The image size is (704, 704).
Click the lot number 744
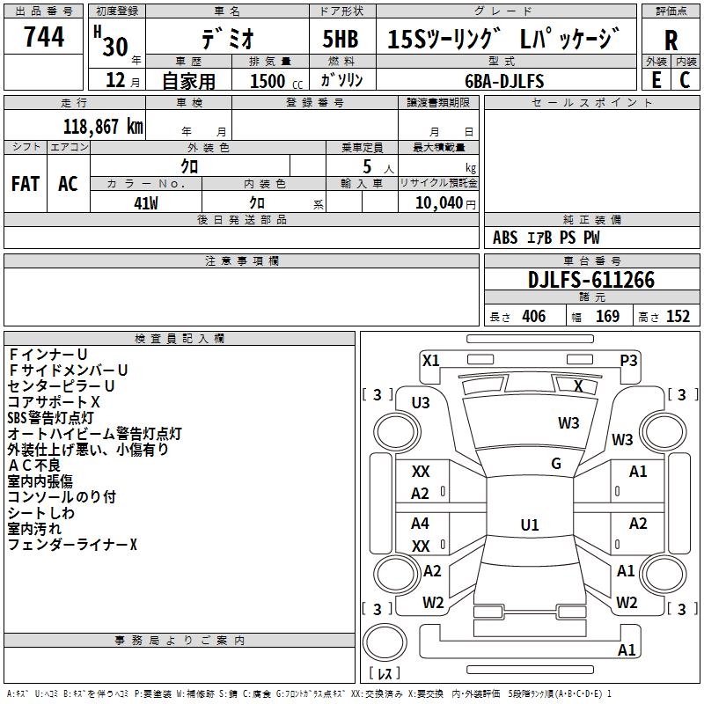[x=44, y=36]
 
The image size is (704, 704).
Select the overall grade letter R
[x=671, y=40]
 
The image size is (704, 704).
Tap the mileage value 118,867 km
[x=103, y=127]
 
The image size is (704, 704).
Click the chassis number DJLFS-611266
[x=591, y=280]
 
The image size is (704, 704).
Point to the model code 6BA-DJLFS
[x=504, y=81]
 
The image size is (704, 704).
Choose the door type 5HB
[x=341, y=39]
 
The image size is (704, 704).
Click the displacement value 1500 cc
[x=276, y=81]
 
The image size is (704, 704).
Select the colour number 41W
[x=146, y=203]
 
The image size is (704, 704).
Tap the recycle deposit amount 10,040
[x=438, y=202]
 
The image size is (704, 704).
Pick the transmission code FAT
[x=26, y=184]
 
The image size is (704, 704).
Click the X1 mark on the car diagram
[x=431, y=361]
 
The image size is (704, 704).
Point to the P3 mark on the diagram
[x=628, y=361]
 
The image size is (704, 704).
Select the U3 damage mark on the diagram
[x=421, y=403]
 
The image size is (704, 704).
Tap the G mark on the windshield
[x=556, y=463]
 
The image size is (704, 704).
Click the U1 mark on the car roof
[x=530, y=524]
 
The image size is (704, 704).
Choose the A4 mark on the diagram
[x=420, y=523]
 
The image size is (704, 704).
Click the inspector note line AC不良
[x=34, y=466]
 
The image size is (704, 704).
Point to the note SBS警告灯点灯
[x=50, y=417]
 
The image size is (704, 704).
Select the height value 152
[x=678, y=316]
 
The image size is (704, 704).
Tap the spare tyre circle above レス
[x=385, y=642]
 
